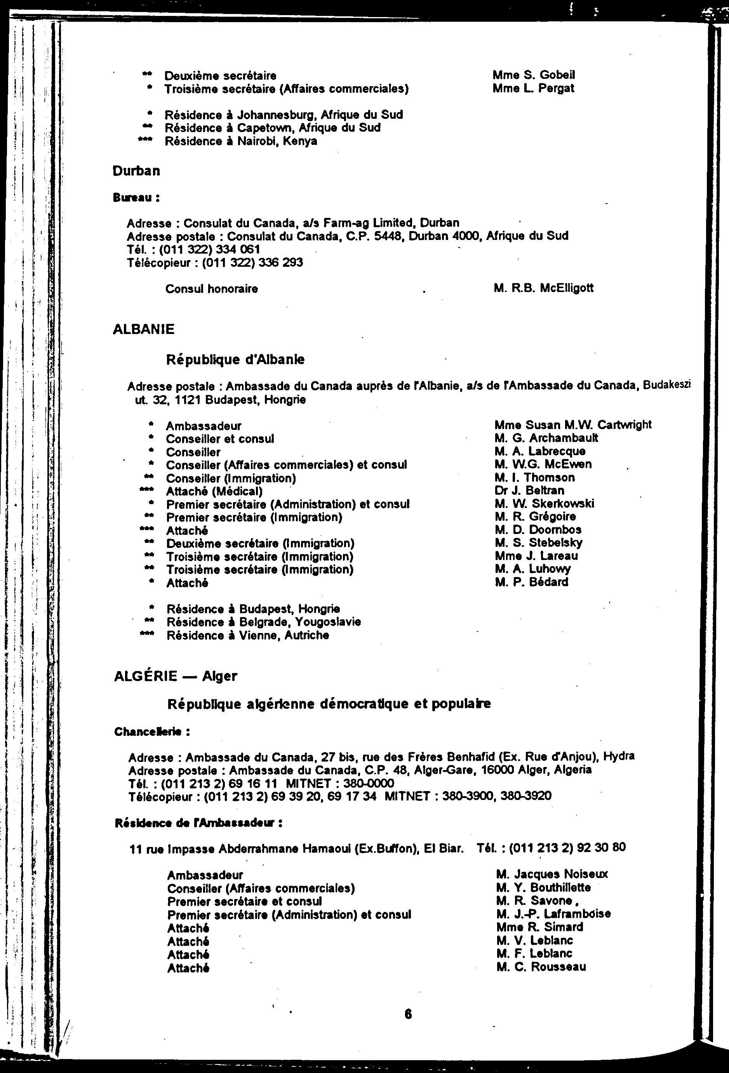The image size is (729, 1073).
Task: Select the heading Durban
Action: click(x=136, y=171)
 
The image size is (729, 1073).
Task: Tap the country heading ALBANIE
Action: click(x=144, y=329)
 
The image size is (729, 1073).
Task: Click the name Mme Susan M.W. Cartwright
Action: click(x=572, y=425)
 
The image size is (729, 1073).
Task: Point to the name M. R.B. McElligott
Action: click(x=543, y=289)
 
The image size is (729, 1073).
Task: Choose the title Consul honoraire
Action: click(x=211, y=289)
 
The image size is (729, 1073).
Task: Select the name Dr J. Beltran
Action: click(x=529, y=490)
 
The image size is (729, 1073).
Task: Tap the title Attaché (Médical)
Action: click(x=214, y=491)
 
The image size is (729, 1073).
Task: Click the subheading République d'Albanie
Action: click(x=235, y=360)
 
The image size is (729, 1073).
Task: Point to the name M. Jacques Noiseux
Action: click(x=552, y=874)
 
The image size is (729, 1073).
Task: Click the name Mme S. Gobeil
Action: click(x=533, y=75)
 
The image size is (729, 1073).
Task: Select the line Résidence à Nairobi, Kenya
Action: click(x=240, y=141)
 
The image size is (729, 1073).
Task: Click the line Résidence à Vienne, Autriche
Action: click(x=247, y=635)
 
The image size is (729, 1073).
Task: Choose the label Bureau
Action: click(x=136, y=198)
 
